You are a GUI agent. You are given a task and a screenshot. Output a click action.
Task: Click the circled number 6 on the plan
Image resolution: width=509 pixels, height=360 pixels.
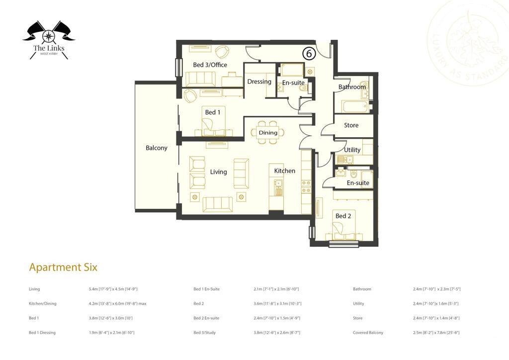point(309,52)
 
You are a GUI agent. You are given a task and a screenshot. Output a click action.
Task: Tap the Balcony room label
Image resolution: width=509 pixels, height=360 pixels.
point(156,148)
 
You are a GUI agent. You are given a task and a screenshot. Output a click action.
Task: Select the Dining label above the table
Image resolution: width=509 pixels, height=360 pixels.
point(268,133)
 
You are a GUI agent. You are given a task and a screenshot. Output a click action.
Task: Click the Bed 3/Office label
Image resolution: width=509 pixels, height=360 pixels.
point(210,65)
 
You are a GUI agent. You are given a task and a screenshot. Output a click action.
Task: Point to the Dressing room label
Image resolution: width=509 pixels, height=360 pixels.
point(259,82)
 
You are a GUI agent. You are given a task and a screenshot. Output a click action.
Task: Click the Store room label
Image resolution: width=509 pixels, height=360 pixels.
point(351,125)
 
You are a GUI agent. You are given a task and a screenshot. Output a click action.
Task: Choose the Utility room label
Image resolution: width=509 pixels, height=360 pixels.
point(352,150)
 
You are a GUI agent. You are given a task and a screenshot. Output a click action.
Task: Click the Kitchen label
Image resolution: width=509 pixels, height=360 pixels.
point(285,171)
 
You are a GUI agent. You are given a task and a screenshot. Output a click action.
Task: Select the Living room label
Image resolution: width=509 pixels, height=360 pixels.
point(218,172)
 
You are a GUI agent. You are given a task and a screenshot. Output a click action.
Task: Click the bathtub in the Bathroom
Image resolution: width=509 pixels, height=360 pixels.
point(354,106)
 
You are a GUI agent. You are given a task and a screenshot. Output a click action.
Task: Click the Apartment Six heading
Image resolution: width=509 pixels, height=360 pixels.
point(63,267)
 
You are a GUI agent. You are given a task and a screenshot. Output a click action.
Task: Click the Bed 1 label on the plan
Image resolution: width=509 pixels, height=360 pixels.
point(213,112)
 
